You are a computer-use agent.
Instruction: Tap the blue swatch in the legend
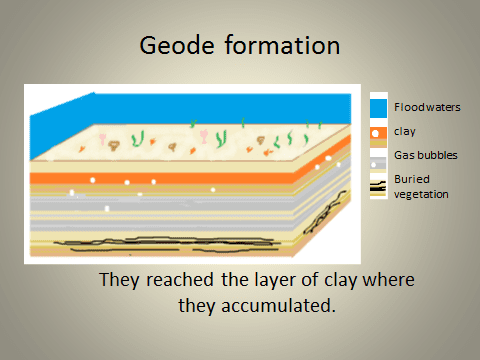(377, 107)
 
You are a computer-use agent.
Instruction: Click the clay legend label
(403, 131)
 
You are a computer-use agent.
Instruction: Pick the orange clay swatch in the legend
(377, 136)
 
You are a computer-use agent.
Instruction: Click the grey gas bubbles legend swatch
(377, 159)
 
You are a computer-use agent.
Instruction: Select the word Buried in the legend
(409, 179)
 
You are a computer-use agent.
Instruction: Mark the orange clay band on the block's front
(150, 181)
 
